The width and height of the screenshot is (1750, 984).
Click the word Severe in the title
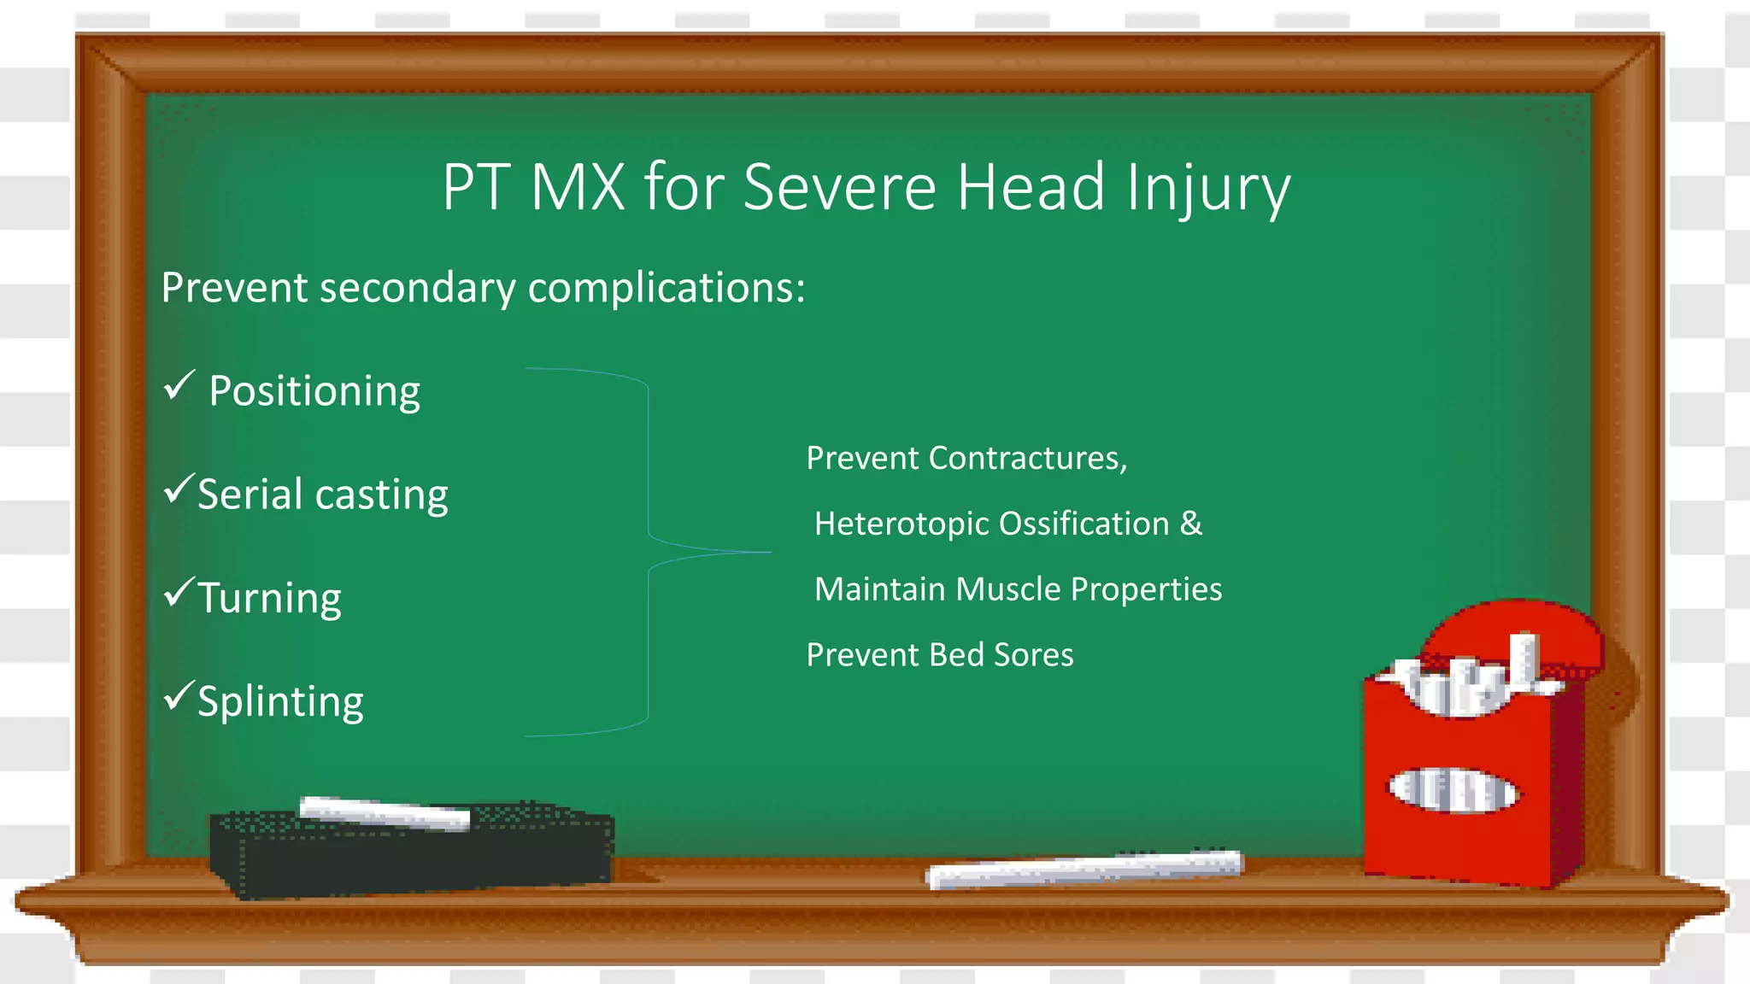[x=839, y=187]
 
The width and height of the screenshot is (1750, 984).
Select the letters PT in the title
[x=476, y=187]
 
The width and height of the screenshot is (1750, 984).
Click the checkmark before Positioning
[x=179, y=385]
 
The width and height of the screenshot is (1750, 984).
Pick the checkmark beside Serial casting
[x=179, y=489]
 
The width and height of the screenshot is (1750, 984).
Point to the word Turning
[x=269, y=597]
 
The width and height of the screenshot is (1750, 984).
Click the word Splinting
[x=280, y=701]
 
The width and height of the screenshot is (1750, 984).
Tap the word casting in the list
[x=381, y=495]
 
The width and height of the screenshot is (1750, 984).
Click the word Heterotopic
[x=901, y=524]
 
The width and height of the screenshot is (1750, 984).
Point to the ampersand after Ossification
[x=1191, y=523]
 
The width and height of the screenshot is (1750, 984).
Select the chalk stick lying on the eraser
[x=385, y=812]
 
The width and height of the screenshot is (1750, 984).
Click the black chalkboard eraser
[x=410, y=854]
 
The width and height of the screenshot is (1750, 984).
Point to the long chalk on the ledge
[x=1085, y=869]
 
